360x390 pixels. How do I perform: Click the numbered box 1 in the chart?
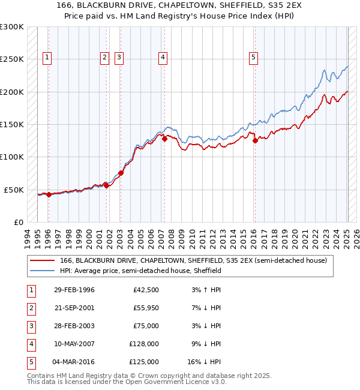[x=47, y=58]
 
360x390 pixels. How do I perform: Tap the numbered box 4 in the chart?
[x=163, y=58]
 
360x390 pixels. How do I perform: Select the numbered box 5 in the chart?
[x=254, y=58]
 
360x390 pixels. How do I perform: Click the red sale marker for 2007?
[x=164, y=139]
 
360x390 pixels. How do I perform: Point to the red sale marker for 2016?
[x=255, y=141]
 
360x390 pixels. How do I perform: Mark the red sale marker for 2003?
[x=121, y=173]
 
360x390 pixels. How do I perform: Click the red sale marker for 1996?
[x=49, y=194]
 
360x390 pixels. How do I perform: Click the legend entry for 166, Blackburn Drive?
[x=193, y=261]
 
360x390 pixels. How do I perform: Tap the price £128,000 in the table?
[x=144, y=344]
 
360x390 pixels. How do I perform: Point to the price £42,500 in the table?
[x=146, y=290]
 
